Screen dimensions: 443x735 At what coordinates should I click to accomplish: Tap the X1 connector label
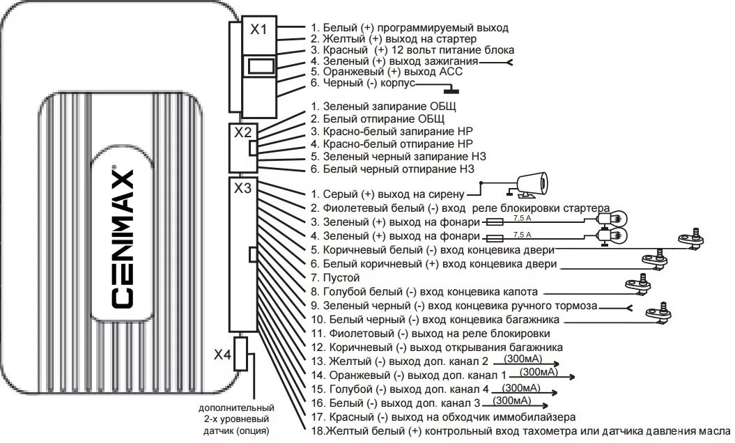point(259,29)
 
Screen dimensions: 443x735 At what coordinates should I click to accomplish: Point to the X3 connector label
point(242,188)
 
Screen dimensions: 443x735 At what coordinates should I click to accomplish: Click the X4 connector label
point(222,355)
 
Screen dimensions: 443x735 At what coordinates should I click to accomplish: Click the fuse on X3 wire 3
point(494,221)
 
